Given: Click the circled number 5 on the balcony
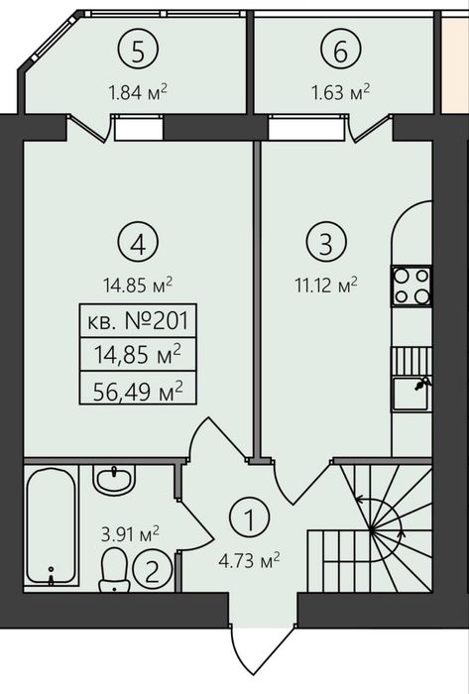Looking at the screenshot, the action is [x=138, y=53].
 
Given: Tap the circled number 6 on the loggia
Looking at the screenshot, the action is [x=340, y=53].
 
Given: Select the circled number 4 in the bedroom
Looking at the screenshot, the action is [x=138, y=245].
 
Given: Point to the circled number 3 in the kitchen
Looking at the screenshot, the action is [x=326, y=243].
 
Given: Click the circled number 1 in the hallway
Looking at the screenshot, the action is [x=250, y=520].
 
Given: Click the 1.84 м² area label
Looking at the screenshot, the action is [x=138, y=92].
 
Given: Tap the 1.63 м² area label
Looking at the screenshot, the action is [x=340, y=92].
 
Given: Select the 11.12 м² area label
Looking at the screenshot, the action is [x=326, y=286].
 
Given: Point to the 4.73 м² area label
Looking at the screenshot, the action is [x=250, y=561].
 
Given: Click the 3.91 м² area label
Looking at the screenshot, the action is [x=130, y=533].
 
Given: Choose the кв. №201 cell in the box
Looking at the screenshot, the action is [x=138, y=321].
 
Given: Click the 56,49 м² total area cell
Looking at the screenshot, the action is [x=138, y=389].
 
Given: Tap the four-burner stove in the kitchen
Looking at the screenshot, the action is [x=411, y=286].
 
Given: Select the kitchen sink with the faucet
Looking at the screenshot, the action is [x=411, y=394].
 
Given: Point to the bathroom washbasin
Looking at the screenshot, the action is [x=114, y=479].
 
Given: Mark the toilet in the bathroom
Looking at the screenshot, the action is [x=114, y=570].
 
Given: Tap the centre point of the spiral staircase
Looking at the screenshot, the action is [x=372, y=528].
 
